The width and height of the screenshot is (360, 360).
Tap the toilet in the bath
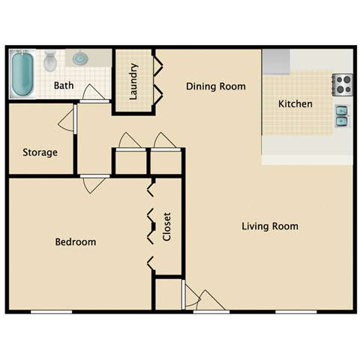[50, 60]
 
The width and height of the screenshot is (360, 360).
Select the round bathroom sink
[80, 58]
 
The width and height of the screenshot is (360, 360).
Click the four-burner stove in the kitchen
[343, 84]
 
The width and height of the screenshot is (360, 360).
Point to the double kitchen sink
[342, 115]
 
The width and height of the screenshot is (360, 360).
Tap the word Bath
[64, 85]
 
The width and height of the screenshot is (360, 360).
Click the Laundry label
[133, 82]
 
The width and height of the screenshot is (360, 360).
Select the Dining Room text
[215, 86]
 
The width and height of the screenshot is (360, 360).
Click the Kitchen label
[295, 103]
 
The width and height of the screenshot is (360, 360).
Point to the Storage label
[40, 152]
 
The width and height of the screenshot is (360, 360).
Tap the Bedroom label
[76, 241]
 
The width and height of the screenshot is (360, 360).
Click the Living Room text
[270, 226]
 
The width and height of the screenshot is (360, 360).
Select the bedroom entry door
[95, 183]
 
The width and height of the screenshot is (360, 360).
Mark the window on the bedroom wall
[51, 311]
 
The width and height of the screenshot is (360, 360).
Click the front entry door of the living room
[210, 300]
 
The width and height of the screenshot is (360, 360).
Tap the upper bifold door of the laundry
[158, 66]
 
